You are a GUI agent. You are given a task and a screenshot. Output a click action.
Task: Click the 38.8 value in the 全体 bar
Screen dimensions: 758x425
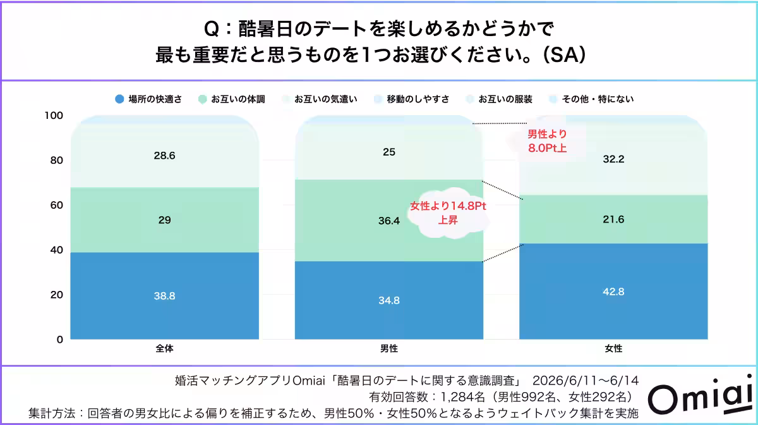[x=164, y=296]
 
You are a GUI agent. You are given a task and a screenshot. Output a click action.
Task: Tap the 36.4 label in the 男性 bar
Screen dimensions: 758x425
[x=389, y=221]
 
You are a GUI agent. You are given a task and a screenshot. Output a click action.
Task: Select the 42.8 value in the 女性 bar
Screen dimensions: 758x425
[x=613, y=292]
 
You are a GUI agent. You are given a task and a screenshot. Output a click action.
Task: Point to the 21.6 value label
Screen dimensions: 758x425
[x=613, y=219]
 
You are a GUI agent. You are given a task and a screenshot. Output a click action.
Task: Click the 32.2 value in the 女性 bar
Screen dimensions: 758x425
[x=613, y=159]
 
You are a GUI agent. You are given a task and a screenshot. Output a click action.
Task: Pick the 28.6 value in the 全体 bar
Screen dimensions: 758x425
[x=164, y=156]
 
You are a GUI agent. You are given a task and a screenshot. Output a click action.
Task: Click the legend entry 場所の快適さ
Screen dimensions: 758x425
[x=148, y=99]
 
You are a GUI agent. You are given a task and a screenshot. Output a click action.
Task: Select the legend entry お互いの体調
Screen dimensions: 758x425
[x=231, y=99]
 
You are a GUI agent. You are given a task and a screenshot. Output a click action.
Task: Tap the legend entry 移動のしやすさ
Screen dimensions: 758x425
[x=411, y=99]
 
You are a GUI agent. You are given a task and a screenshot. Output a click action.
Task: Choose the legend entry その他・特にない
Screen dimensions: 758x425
[x=591, y=99]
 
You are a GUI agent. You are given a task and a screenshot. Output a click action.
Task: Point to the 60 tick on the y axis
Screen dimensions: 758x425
[x=56, y=205]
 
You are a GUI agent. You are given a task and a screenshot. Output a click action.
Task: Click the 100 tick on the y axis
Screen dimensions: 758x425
[x=54, y=116]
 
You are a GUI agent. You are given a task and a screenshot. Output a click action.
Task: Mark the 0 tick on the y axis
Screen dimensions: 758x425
[x=60, y=340]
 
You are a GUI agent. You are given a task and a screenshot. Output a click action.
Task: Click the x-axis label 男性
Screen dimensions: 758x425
[x=389, y=348]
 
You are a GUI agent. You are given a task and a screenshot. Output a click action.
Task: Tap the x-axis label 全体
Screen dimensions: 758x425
[x=164, y=348]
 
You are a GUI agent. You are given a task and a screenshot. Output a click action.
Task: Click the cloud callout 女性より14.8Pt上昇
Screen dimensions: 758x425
[x=448, y=213]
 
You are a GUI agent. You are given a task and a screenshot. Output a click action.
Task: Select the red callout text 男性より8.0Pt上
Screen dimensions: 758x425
[x=547, y=141]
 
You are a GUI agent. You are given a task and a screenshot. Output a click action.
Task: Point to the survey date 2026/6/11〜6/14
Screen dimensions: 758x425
[x=586, y=381]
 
